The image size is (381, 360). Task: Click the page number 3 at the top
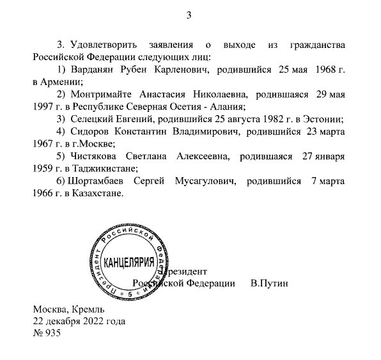click(189, 15)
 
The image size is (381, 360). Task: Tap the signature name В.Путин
click(270, 283)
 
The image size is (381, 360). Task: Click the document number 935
click(52, 334)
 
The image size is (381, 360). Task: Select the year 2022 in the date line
click(88, 321)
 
